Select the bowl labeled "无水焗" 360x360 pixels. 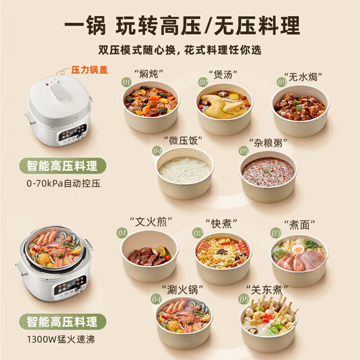point(300,108)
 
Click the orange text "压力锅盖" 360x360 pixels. point(90,70)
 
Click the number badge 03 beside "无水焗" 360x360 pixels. point(282,82)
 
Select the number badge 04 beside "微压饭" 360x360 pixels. point(157,151)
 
